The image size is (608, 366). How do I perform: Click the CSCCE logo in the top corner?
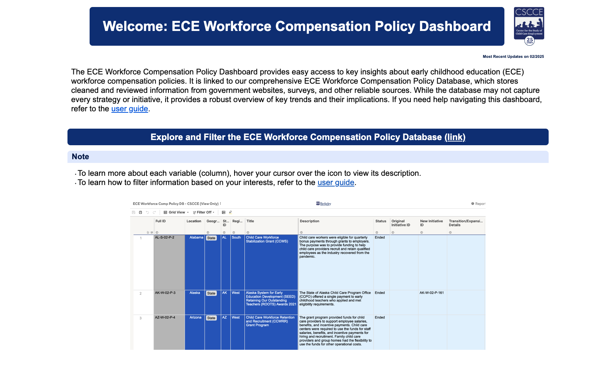click(529, 25)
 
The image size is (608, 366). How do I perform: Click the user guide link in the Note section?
click(336, 182)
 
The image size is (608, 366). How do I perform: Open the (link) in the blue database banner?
click(455, 137)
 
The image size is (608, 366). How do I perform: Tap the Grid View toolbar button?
click(176, 212)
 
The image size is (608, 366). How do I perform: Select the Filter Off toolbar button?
click(204, 212)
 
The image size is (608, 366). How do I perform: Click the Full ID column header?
click(161, 221)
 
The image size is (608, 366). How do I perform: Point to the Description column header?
click(309, 221)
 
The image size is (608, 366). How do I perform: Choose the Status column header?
click(381, 221)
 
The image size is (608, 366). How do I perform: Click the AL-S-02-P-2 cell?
click(165, 238)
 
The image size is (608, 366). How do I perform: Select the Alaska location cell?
click(195, 293)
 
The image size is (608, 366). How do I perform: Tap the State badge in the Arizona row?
click(211, 318)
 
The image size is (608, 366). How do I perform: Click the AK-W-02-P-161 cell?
click(431, 293)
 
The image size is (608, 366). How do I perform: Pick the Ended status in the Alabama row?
click(380, 238)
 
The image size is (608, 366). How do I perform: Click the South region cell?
click(236, 238)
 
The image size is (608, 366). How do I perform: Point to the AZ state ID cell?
click(225, 318)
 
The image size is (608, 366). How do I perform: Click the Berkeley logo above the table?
click(324, 203)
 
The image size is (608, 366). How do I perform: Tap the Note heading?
click(80, 157)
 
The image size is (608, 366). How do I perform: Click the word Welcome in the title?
click(135, 27)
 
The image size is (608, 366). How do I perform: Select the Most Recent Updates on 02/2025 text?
click(513, 57)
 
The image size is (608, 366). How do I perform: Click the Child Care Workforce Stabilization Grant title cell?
click(267, 240)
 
